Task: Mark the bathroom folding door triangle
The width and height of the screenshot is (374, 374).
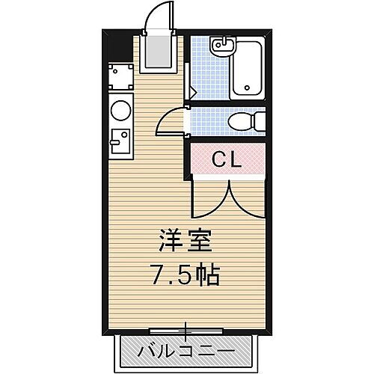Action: click(191, 93)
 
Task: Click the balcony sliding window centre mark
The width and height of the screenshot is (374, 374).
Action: click(186, 329)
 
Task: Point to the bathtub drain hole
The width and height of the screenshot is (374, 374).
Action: click(247, 88)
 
